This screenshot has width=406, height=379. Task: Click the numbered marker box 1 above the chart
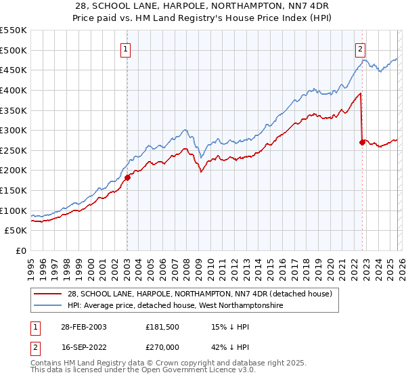pos(127,48)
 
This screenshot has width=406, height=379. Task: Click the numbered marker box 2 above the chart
pos(361,48)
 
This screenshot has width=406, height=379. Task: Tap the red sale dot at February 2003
pos(127,178)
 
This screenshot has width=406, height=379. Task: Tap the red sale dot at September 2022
pos(362,142)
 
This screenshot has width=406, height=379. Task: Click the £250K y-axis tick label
pos(14,150)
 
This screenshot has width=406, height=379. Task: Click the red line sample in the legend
pos(49,294)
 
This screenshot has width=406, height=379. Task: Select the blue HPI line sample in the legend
pos(49,306)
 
